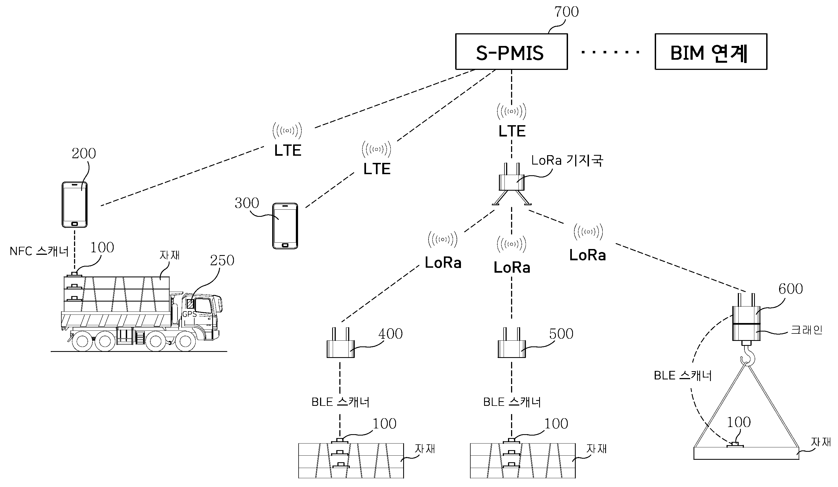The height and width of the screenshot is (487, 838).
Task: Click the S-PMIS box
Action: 511,52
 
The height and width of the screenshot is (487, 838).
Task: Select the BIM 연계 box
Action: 711,52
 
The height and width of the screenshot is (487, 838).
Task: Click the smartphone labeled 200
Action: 75,204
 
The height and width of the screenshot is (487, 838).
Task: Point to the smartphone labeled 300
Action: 285,226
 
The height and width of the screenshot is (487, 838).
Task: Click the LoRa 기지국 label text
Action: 567,161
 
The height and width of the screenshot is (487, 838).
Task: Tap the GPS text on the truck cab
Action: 189,314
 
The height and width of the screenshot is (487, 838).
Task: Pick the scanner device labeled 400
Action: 340,346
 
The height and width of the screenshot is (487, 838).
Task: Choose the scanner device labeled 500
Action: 511,346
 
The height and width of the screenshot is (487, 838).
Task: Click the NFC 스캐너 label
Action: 39,251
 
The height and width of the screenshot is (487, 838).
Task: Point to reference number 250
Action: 222,260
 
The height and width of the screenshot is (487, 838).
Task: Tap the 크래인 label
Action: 806,330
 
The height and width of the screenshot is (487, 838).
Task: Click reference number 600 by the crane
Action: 790,289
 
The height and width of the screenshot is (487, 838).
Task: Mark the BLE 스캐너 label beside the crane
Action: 683,376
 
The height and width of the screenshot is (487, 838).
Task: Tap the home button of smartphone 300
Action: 285,245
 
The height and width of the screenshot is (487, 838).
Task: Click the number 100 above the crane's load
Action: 739,422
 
